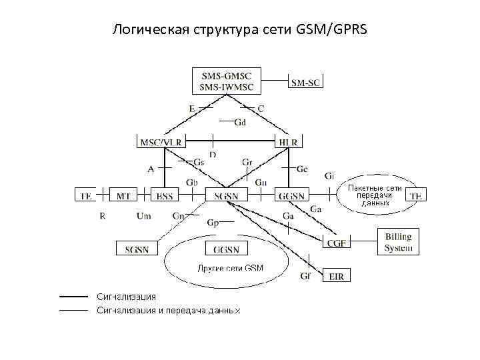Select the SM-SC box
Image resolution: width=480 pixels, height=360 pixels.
tap(305, 82)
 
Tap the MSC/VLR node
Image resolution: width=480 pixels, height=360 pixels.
tap(160, 142)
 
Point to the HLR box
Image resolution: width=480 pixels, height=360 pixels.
tap(288, 142)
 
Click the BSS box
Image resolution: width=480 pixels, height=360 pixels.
tap(164, 195)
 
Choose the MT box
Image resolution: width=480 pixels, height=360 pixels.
tap(124, 195)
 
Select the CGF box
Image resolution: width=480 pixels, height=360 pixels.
tap(337, 243)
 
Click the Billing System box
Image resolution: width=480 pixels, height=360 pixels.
tap(398, 243)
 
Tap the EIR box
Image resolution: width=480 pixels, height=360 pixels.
tap(336, 276)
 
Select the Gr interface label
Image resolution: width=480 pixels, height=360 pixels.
tap(247, 162)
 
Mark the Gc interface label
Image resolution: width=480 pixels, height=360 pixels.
tap(302, 169)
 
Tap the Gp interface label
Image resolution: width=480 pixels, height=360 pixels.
tap(213, 223)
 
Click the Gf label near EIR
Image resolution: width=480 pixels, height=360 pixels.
tap(305, 275)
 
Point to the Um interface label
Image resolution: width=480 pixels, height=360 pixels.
tap(143, 215)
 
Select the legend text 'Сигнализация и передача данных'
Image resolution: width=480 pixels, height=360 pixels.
tap(168, 310)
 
